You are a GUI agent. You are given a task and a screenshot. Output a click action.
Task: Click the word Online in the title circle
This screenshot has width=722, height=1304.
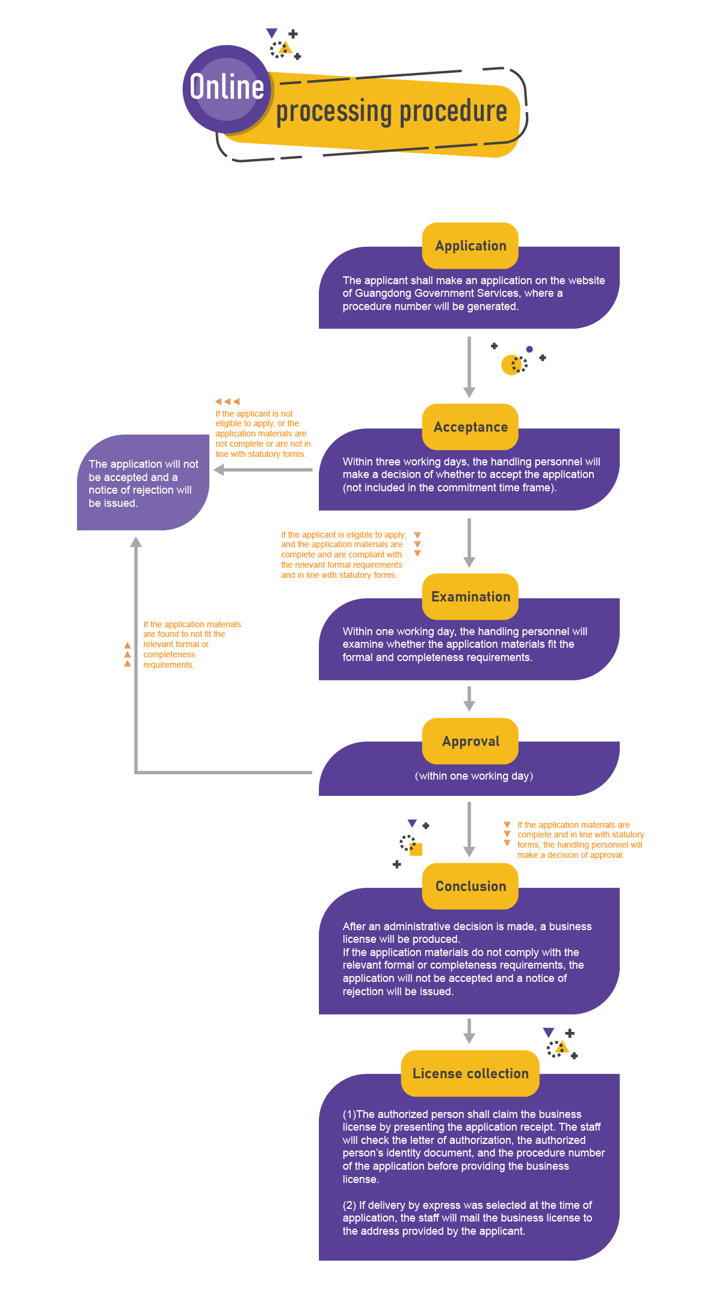pyautogui.click(x=227, y=87)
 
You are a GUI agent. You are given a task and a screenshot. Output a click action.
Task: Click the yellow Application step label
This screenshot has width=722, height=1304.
pyautogui.click(x=471, y=246)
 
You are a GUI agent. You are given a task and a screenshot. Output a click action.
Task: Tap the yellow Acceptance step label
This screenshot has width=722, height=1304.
pyautogui.click(x=471, y=427)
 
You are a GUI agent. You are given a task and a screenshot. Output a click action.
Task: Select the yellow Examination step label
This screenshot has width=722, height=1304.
pyautogui.click(x=471, y=597)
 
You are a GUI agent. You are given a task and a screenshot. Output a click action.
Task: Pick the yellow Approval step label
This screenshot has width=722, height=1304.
pyautogui.click(x=471, y=741)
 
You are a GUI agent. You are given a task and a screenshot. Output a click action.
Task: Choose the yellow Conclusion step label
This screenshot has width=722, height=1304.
pyautogui.click(x=471, y=886)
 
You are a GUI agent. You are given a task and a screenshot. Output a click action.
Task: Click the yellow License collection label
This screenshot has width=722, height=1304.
pyautogui.click(x=471, y=1073)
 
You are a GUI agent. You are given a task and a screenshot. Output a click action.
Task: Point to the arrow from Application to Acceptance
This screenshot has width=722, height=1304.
pyautogui.click(x=469, y=367)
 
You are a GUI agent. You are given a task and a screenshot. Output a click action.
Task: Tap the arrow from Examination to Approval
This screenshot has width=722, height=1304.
pyautogui.click(x=469, y=699)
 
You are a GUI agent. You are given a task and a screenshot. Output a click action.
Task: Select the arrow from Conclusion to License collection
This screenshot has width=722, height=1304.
pyautogui.click(x=469, y=1031)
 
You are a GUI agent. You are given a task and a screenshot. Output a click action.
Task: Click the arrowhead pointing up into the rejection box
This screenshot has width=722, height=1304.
pyautogui.click(x=137, y=542)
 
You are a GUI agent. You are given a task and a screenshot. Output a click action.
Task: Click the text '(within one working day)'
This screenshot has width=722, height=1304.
pyautogui.click(x=474, y=776)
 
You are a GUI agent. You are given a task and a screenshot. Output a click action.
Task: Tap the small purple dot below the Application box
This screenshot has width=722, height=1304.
pyautogui.click(x=529, y=349)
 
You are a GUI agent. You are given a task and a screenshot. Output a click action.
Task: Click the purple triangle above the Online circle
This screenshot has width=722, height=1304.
pyautogui.click(x=272, y=33)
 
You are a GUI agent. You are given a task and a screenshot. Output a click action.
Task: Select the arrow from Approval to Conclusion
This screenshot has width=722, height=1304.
pyautogui.click(x=469, y=829)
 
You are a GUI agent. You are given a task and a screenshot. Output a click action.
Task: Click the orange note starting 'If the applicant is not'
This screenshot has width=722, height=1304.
pyautogui.click(x=263, y=433)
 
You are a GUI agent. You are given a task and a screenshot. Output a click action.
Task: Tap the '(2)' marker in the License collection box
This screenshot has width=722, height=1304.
pyautogui.click(x=350, y=1205)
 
